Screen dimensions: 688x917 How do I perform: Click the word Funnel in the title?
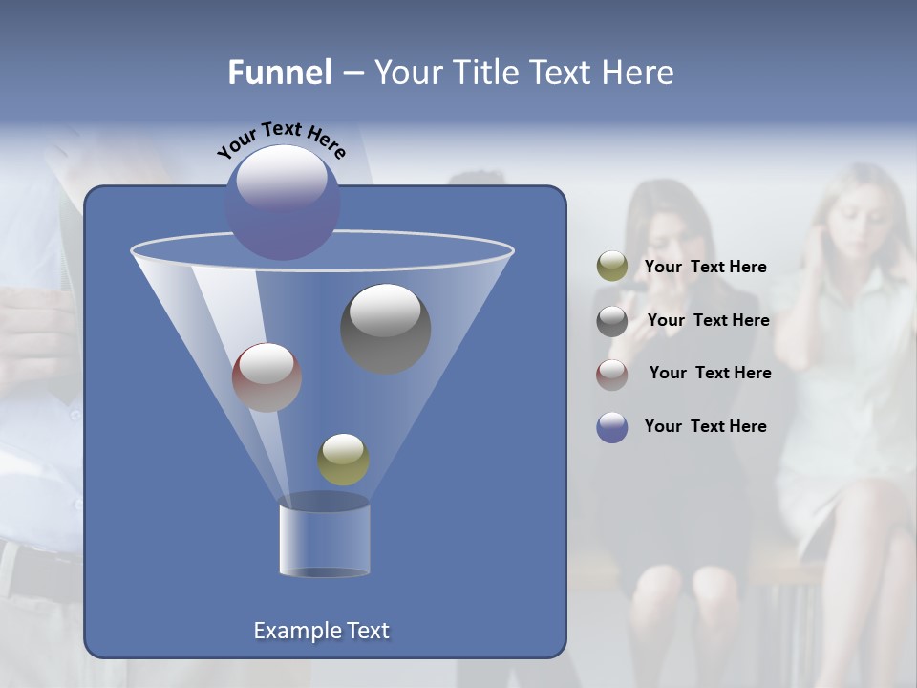point(280,73)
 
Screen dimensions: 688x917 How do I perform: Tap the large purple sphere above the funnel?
point(282,202)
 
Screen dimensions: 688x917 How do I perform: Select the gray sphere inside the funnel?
point(385,328)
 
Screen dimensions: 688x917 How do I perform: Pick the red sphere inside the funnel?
point(267,377)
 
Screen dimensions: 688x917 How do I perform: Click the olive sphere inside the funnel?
point(343,459)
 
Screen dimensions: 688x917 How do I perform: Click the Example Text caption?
point(321,631)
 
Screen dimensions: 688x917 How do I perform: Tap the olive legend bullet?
point(611,267)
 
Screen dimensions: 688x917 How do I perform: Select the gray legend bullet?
point(611,321)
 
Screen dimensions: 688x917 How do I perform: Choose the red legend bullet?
point(611,374)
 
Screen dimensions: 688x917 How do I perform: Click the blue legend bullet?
point(611,427)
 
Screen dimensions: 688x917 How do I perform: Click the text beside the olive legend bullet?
point(705,267)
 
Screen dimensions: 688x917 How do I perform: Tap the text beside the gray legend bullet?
point(708,320)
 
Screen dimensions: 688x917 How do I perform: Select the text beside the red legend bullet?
point(710,373)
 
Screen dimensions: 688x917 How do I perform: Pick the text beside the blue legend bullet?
point(705,426)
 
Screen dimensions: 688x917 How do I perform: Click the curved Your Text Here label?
point(282,140)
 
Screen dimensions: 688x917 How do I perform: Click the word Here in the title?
point(637,73)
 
